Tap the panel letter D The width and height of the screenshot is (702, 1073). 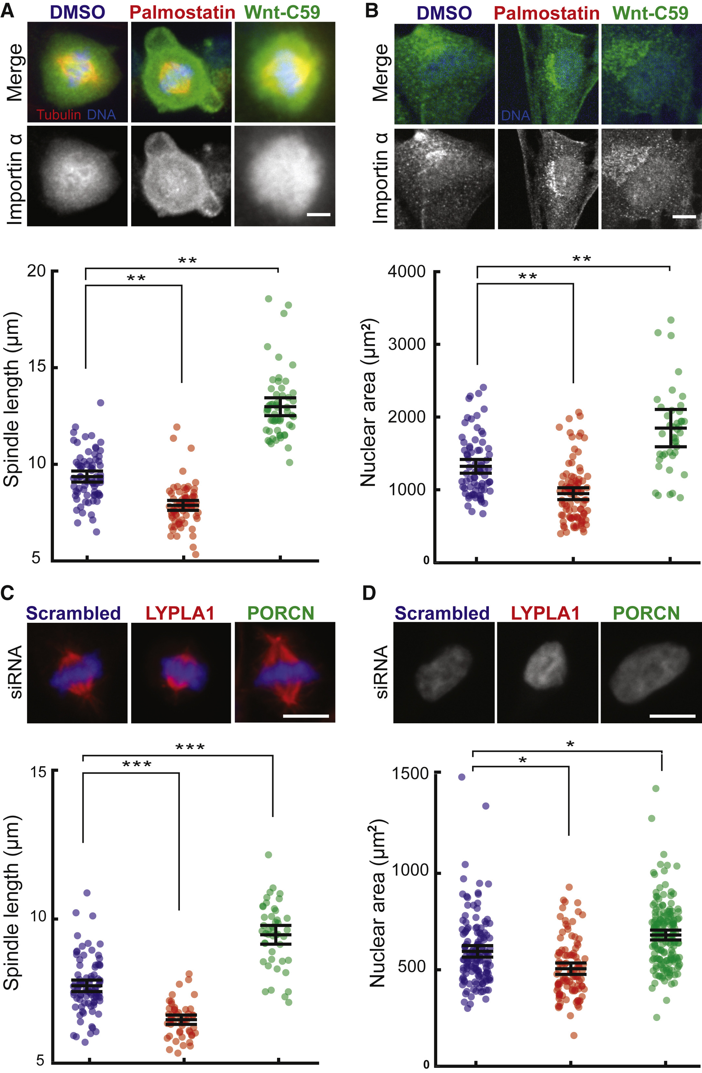click(369, 593)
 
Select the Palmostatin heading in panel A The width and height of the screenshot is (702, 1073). click(182, 12)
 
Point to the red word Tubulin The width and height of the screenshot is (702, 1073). click(58, 114)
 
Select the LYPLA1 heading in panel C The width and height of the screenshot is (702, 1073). click(180, 613)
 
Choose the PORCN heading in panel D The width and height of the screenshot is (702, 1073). click(646, 613)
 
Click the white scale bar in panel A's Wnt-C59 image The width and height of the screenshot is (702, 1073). click(319, 215)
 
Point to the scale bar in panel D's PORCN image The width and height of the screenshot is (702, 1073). click(673, 716)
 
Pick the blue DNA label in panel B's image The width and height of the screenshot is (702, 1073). click(515, 116)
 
